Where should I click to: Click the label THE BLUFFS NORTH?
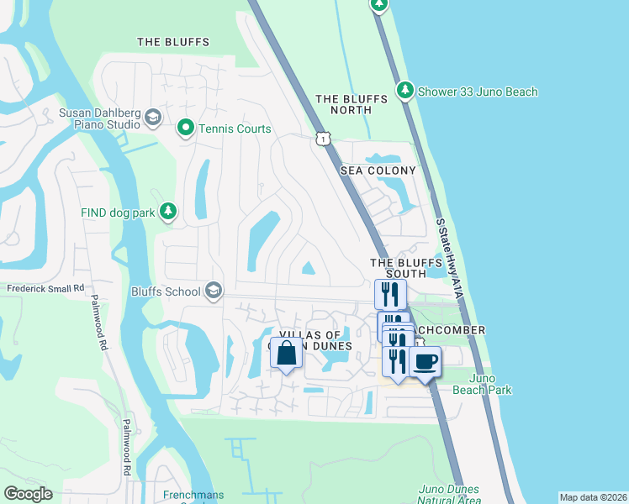[x=351, y=104]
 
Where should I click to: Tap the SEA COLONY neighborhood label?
[x=378, y=171]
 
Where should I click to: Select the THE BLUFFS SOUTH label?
[x=406, y=268]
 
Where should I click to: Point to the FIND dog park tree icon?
[x=169, y=213]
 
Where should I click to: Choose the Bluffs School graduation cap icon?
[x=214, y=291]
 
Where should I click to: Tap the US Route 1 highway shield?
[x=323, y=139]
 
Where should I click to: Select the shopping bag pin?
[x=286, y=353]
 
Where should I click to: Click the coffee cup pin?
[x=425, y=362]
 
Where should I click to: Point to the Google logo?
[x=28, y=494]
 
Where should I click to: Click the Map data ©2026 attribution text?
[x=592, y=497]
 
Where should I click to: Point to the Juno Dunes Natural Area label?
[x=448, y=495]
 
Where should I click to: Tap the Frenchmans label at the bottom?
[x=193, y=496]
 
